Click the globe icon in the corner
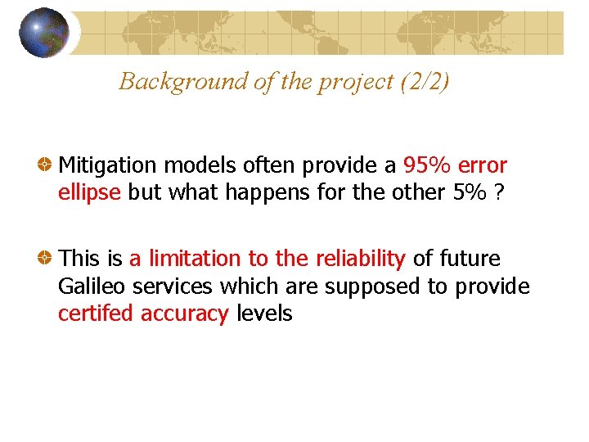(x=43, y=33)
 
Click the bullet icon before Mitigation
(x=47, y=165)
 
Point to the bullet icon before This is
(x=47, y=259)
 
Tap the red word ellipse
(x=90, y=193)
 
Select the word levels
(x=263, y=313)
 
